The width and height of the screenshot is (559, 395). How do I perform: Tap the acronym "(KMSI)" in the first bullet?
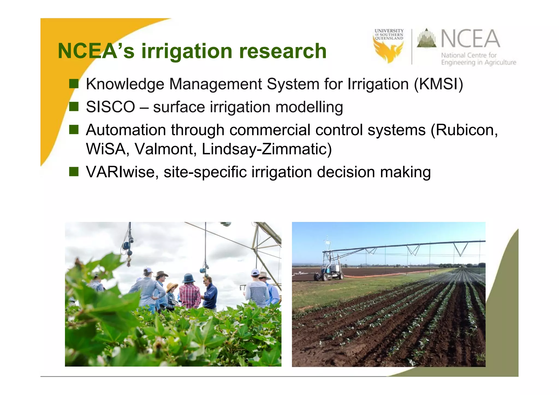click(438, 84)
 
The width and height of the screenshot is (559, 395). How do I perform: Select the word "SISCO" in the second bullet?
click(110, 107)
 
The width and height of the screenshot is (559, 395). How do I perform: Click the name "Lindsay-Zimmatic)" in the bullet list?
click(267, 149)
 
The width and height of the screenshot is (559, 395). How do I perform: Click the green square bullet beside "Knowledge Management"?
click(74, 84)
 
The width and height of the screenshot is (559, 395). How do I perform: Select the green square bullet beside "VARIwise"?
click(74, 172)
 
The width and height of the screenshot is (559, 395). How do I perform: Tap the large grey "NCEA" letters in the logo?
click(470, 39)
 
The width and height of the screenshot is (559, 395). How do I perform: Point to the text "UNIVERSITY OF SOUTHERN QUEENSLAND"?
click(389, 35)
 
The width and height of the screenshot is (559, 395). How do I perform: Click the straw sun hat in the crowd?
click(172, 286)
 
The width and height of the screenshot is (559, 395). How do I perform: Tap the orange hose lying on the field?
click(382, 275)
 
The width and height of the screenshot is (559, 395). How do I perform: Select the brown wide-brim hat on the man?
click(162, 274)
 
